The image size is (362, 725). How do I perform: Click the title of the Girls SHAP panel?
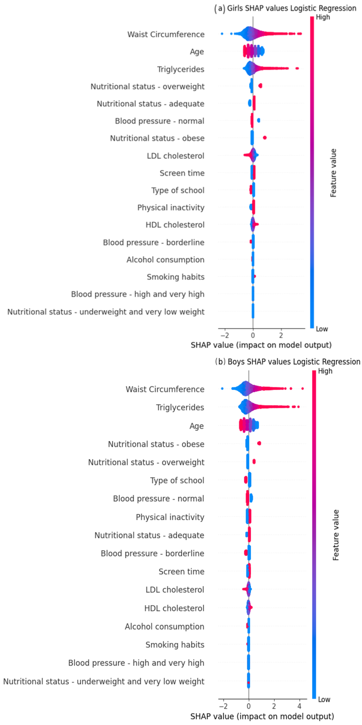pos(285,8)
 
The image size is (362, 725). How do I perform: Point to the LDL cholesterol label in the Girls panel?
pos(176,156)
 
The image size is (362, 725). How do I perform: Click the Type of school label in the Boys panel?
pos(177,480)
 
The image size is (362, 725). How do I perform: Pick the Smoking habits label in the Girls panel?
pos(176,277)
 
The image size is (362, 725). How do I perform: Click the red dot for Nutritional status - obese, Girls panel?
pos(264,138)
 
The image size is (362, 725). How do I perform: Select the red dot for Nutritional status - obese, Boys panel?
pos(259,443)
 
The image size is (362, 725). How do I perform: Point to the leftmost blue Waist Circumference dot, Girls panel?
pos(222,34)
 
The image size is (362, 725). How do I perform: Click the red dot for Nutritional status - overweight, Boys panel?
pos(254,461)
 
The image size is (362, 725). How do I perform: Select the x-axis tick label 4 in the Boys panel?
pos(300,706)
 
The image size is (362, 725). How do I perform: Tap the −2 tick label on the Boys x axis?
pos(223,706)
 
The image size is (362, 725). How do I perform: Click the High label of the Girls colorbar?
pos(323,17)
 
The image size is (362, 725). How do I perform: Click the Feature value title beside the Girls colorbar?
pos(333,173)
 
